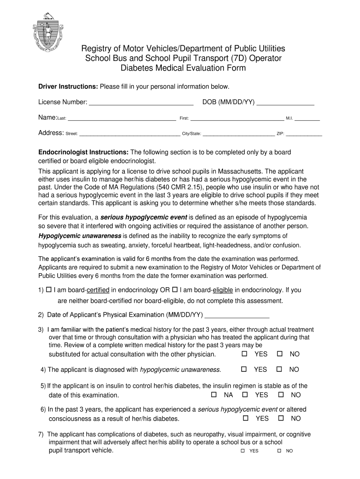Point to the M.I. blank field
(x=307, y=119)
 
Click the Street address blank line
(x=130, y=134)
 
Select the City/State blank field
(x=238, y=134)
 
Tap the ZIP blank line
(x=304, y=134)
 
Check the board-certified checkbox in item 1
(x=49, y=290)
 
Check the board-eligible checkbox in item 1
(x=175, y=290)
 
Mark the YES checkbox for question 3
(x=244, y=354)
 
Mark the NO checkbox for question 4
(x=280, y=370)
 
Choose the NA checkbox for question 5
(x=214, y=395)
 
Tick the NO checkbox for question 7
(x=279, y=451)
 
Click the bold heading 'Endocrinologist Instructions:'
(x=83, y=152)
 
